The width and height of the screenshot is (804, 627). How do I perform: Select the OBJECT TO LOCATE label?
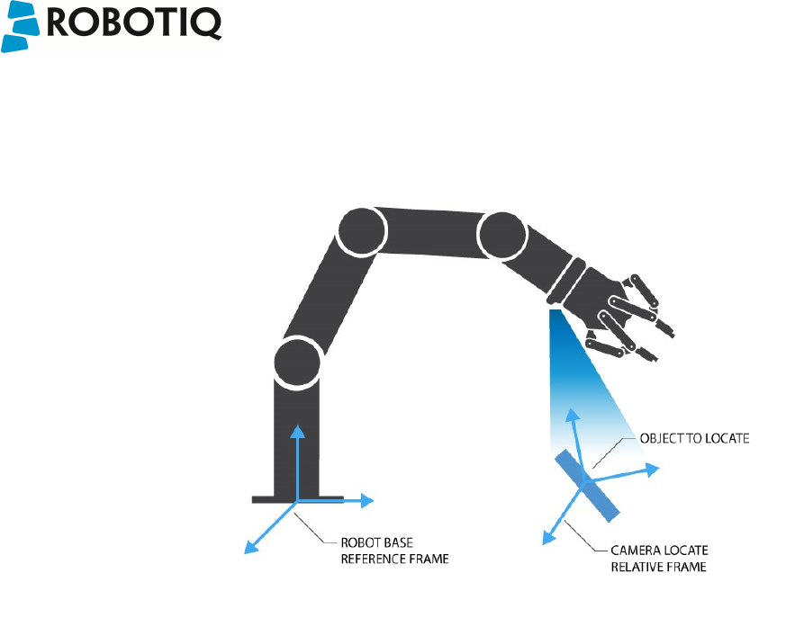[693, 439]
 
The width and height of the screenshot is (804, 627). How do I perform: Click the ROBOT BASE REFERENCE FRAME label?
[393, 551]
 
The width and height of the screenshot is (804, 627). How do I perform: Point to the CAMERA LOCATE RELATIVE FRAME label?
[660, 558]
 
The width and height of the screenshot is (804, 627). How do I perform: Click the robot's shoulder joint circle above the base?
[298, 362]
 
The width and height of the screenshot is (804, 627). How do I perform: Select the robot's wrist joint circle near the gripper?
[501, 237]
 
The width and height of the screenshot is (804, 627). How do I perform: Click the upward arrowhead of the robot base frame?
[298, 429]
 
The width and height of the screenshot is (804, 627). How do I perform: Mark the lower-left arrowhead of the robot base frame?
[251, 546]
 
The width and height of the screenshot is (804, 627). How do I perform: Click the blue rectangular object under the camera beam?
[588, 486]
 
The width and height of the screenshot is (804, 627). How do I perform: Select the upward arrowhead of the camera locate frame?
[571, 415]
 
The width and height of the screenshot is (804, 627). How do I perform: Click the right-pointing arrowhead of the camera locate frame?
[652, 470]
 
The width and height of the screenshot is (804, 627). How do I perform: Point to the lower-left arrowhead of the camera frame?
[546, 538]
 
